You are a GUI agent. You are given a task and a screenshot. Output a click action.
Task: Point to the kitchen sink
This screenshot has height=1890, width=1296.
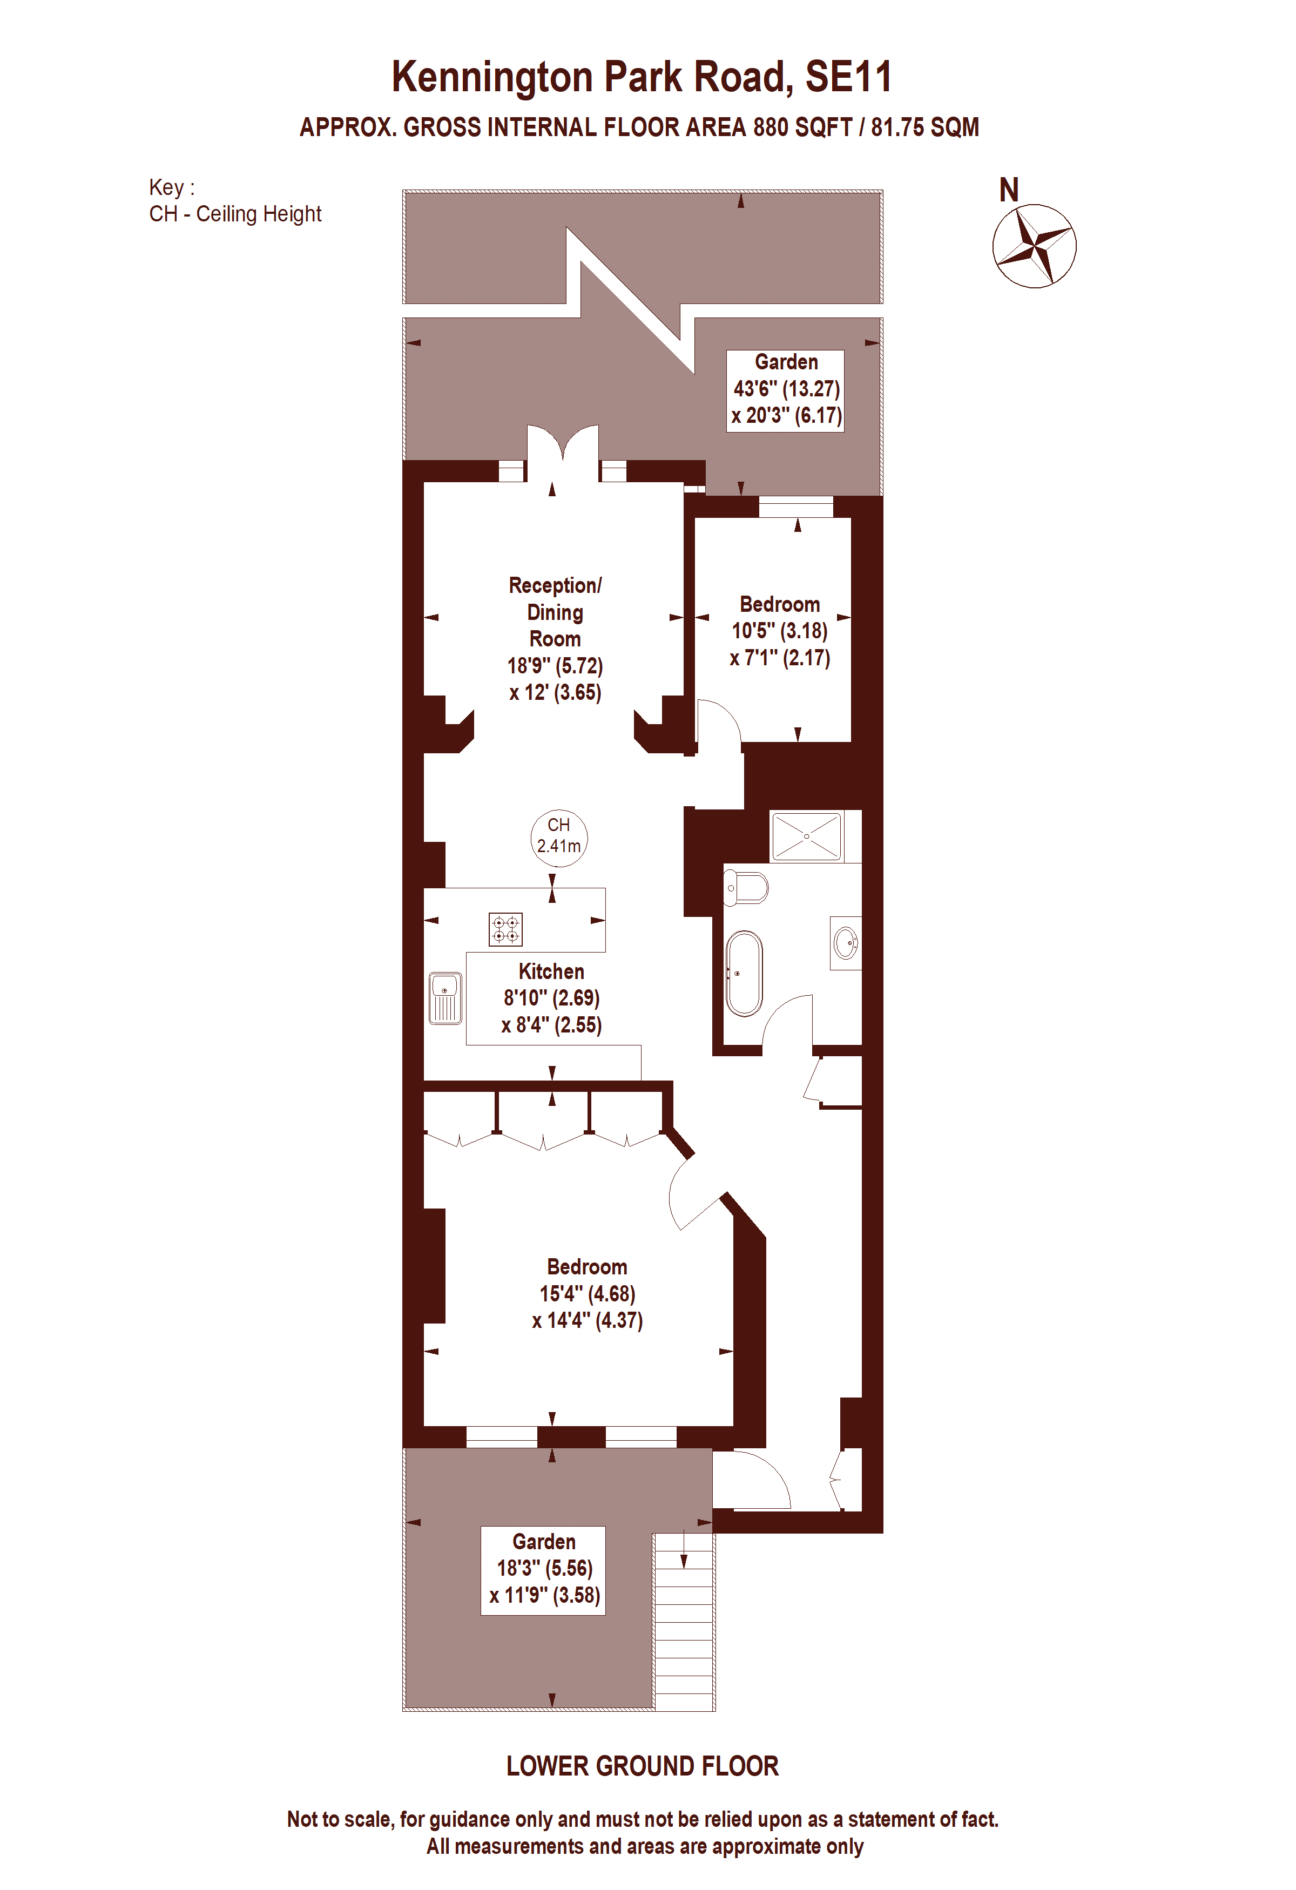446,998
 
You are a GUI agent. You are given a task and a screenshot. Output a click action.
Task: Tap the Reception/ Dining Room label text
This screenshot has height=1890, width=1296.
555,612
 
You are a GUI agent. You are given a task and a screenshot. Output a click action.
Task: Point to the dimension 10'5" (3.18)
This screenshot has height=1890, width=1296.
780,631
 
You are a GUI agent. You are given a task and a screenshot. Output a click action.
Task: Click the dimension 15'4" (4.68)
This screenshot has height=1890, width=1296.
587,1293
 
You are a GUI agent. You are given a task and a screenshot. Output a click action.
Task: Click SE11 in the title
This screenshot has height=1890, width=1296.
849,77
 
